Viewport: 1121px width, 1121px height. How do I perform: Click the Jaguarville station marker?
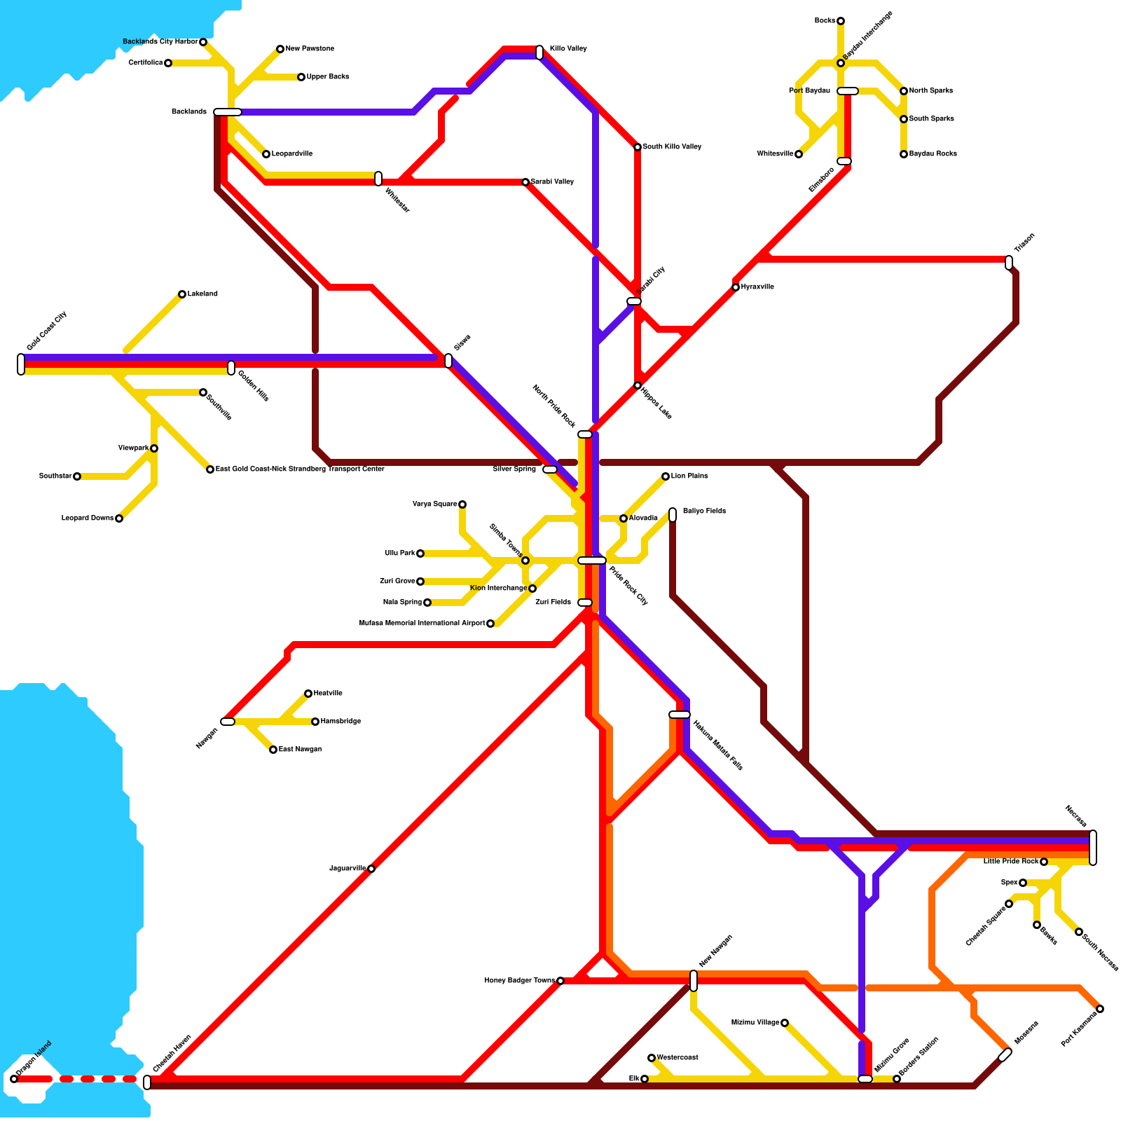coord(371,869)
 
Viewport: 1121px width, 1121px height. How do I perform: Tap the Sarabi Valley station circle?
coord(525,182)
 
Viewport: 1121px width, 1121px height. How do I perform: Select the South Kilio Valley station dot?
coord(638,147)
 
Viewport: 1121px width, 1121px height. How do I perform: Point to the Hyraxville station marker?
coord(736,287)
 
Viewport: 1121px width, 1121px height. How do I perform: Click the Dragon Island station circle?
coord(14,1078)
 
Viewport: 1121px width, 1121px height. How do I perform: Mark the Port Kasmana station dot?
coord(1100,1009)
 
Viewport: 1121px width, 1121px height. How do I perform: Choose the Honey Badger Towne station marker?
coord(560,981)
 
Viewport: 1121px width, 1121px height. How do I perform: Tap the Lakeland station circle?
coord(182,294)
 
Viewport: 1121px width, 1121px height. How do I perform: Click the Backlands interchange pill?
coord(228,112)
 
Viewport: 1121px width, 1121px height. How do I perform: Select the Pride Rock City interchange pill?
coord(592,560)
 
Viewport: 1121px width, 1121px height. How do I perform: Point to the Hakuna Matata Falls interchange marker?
coord(680,715)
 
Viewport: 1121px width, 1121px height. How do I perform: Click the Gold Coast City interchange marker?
coord(21,364)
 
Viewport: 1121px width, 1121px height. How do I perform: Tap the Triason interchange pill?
coord(1009,263)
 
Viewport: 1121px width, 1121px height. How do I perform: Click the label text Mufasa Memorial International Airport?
coord(422,623)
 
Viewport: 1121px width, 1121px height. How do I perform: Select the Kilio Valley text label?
coord(568,49)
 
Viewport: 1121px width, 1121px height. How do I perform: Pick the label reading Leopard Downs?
coord(88,518)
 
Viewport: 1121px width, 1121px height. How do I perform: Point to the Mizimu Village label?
coord(755,1023)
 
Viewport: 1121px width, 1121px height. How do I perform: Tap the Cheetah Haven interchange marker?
coord(147,1082)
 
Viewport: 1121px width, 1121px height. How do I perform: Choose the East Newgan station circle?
coord(273,750)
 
